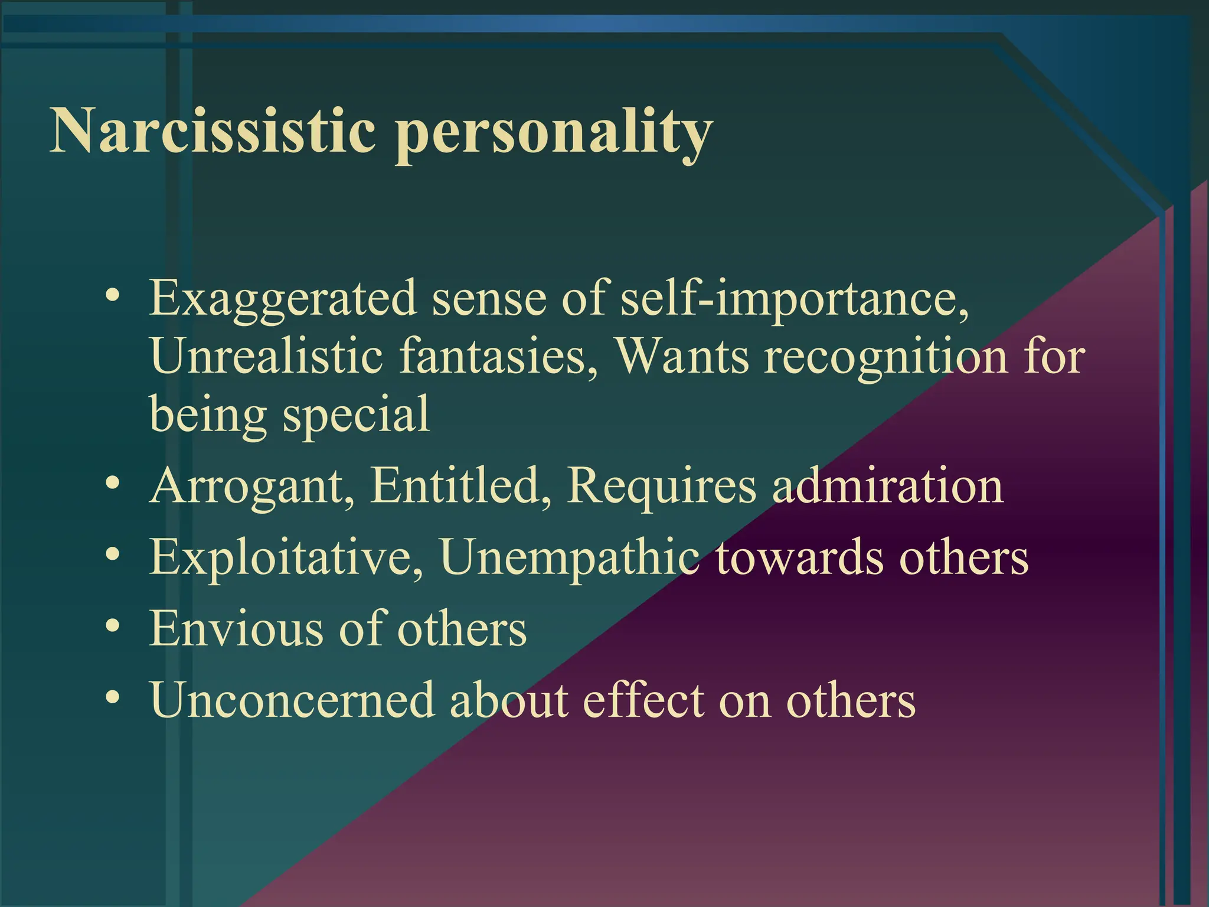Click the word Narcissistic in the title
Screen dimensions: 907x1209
(213, 131)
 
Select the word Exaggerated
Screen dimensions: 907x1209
(283, 299)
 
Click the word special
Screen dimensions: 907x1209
(357, 415)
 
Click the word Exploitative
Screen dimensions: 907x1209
(286, 557)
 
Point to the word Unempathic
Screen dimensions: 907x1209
(569, 559)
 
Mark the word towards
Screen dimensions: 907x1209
(800, 557)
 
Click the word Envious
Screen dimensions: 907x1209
(236, 628)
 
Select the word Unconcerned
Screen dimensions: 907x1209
(292, 700)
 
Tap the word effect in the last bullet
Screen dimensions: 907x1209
(643, 700)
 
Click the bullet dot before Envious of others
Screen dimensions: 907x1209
(113, 626)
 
